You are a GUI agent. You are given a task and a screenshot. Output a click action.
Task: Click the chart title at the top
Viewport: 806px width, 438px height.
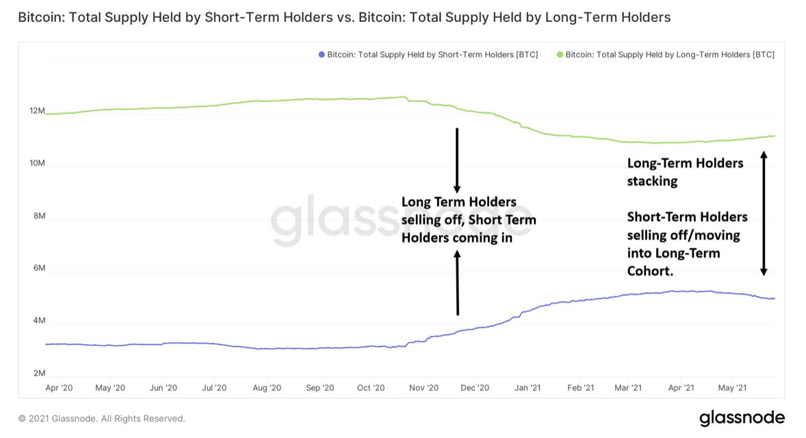(x=344, y=17)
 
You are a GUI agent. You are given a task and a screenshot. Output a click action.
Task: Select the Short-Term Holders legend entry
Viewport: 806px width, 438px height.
(x=428, y=55)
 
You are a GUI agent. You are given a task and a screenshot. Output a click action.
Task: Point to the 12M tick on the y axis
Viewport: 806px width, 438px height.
(x=36, y=111)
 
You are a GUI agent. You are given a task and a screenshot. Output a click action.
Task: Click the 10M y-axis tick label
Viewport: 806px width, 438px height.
(x=36, y=164)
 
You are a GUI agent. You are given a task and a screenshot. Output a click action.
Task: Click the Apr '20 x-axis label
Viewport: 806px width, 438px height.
(x=58, y=388)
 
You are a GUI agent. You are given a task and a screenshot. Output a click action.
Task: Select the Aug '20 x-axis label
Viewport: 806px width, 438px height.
(x=267, y=388)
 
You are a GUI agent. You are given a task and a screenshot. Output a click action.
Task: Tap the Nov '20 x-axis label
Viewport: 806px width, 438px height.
(x=424, y=388)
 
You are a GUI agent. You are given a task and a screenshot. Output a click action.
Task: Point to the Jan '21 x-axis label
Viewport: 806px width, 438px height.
(x=527, y=388)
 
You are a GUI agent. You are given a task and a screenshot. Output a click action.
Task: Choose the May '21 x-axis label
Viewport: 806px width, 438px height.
(x=732, y=388)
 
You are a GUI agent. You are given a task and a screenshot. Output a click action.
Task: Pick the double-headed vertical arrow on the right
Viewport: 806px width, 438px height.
(x=764, y=214)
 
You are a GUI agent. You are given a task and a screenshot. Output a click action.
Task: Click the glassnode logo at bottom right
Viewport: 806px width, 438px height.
(x=742, y=417)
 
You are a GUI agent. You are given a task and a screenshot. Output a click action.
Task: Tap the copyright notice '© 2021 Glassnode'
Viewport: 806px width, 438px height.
(x=101, y=418)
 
